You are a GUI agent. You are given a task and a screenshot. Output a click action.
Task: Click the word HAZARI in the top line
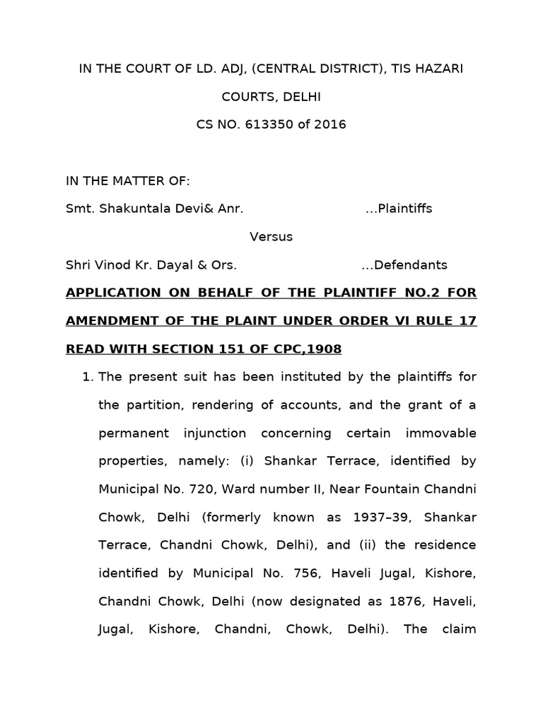coord(439,69)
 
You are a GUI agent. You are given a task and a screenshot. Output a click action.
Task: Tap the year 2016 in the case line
coord(331,124)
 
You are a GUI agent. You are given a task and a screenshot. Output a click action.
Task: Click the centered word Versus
coord(271,237)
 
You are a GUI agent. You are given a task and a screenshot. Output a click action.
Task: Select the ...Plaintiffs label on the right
coord(399,209)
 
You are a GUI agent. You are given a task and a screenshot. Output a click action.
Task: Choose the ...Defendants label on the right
coord(404,265)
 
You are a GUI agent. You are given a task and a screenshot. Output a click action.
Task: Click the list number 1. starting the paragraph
coord(88,377)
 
